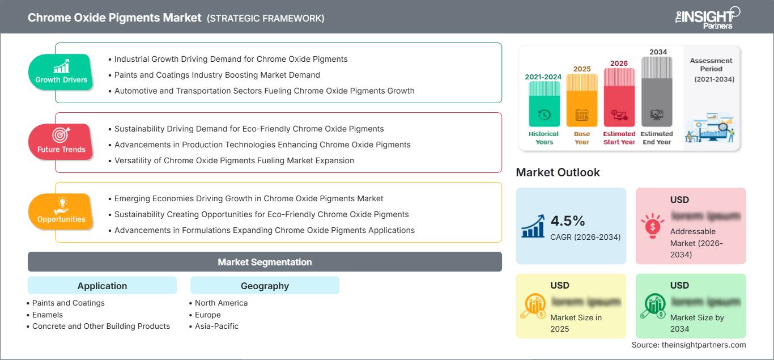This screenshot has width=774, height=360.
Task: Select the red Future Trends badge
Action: [x=61, y=142]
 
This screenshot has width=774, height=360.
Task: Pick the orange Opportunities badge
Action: [x=61, y=212]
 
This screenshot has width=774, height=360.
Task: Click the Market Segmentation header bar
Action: [x=265, y=262]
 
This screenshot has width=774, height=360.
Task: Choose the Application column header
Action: [x=102, y=286]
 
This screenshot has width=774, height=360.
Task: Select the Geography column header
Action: [x=265, y=286]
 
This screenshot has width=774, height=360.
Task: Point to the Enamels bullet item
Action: [x=48, y=315]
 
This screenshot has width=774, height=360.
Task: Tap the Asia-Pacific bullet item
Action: [x=216, y=326]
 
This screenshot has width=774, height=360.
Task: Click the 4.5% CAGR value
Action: [x=567, y=221]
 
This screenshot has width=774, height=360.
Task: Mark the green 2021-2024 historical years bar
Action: [x=544, y=104]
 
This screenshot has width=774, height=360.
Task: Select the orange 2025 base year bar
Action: [x=582, y=100]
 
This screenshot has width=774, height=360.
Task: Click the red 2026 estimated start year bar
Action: [x=619, y=97]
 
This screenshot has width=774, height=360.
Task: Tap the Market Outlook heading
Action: [x=558, y=172]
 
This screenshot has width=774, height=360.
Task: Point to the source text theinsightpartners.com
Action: [x=688, y=345]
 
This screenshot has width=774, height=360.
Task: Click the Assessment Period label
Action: [x=711, y=65]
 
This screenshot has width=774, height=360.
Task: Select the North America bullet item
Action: [x=221, y=303]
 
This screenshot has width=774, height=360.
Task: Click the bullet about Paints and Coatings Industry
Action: [x=217, y=75]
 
